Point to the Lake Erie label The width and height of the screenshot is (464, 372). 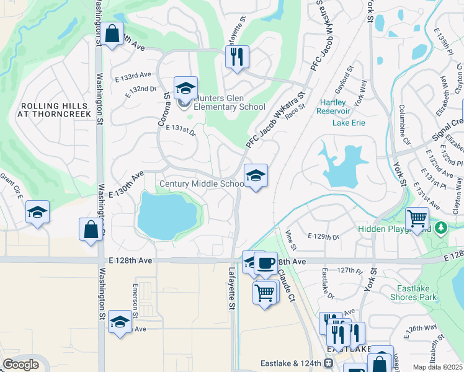[349, 123]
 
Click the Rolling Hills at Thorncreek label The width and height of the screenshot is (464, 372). [55, 110]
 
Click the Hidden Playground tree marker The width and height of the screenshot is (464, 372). [441, 228]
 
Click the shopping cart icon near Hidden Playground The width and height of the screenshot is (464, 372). [417, 218]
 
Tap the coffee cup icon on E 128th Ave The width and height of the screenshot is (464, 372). [265, 262]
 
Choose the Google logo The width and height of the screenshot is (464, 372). [20, 365]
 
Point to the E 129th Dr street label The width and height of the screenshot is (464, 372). [324, 237]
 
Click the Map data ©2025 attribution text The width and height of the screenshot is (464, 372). [437, 367]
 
